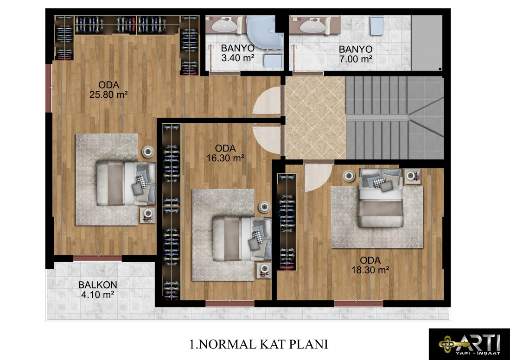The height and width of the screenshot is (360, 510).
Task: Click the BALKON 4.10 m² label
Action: [x=97, y=290]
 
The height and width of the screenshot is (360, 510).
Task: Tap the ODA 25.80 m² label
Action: [x=108, y=90]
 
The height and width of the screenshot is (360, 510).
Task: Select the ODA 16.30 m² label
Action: [x=225, y=153]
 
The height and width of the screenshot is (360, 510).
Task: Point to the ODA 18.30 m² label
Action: [x=370, y=265]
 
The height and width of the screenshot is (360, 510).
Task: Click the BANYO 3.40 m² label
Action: [x=238, y=53]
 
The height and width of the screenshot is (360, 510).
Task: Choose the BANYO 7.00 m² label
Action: [x=356, y=54]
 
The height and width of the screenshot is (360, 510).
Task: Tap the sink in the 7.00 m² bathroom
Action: [x=312, y=25]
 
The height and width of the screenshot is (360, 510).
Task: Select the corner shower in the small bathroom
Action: [x=264, y=32]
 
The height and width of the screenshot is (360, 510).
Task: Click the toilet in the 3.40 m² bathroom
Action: [x=273, y=61]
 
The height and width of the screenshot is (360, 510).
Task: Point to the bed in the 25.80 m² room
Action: [x=126, y=183]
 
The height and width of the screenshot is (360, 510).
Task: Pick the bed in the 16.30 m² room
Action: [x=242, y=239]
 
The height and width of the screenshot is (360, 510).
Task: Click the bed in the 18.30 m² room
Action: [x=381, y=197]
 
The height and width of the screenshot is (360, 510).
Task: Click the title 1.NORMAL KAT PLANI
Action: [x=259, y=344]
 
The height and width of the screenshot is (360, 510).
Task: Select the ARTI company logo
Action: [x=469, y=344]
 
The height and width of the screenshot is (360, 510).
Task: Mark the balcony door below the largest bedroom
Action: [x=97, y=259]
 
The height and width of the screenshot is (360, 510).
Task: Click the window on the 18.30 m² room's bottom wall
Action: [x=359, y=304]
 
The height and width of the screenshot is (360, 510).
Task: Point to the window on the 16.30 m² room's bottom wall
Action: [x=229, y=304]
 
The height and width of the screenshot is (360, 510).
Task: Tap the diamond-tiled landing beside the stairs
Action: [x=315, y=118]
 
